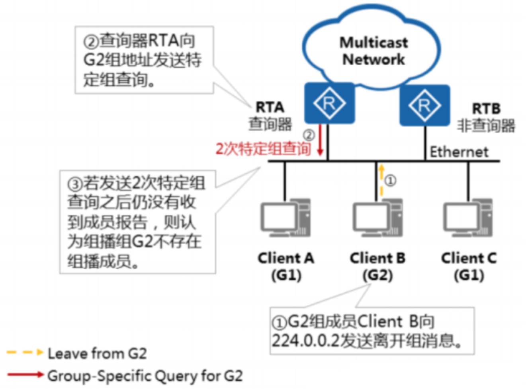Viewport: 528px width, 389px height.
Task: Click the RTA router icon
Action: tap(329, 103)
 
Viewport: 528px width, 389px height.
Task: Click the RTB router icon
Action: tap(424, 105)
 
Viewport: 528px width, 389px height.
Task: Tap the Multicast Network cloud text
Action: tap(373, 51)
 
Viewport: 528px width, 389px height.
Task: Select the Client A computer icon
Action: tap(286, 218)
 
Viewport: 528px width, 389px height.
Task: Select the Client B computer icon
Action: tap(377, 218)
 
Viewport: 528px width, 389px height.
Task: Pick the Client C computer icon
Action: tap(468, 218)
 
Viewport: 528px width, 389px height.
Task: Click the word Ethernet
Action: tap(459, 152)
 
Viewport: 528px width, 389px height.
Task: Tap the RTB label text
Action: tap(486, 108)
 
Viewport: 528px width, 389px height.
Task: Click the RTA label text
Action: tap(270, 107)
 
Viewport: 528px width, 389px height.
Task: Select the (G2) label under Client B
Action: tap(377, 275)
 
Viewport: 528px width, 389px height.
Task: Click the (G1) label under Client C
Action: tap(469, 275)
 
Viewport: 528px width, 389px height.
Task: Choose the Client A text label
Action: tap(286, 258)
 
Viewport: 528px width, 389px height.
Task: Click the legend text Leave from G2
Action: tap(97, 353)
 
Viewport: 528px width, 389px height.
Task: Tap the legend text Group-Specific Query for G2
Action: tap(145, 375)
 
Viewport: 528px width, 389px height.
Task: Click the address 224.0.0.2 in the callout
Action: tap(305, 340)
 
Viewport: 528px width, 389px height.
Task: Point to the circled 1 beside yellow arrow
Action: tap(391, 181)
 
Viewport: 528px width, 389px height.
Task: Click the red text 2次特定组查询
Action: tap(263, 149)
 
